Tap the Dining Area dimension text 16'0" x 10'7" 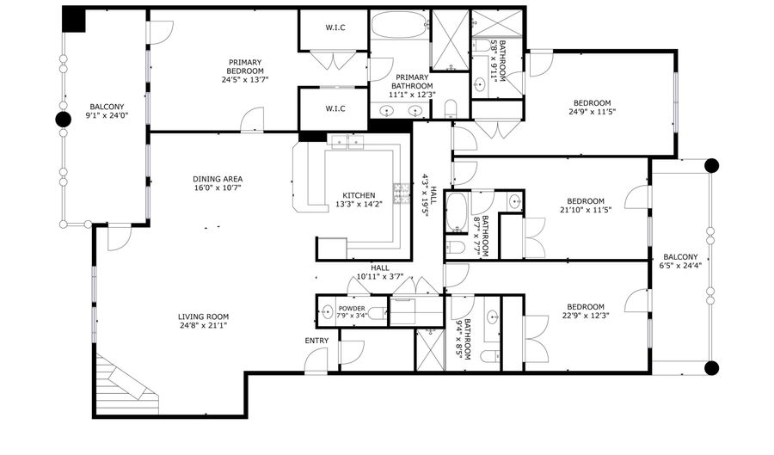[x=218, y=188]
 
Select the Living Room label [x=203, y=317]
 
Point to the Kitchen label [x=359, y=195]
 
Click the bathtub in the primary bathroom [x=399, y=25]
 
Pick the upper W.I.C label [x=335, y=28]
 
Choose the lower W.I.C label [x=335, y=108]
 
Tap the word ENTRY [x=316, y=341]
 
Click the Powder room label [x=352, y=309]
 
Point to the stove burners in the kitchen [x=402, y=194]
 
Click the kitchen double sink [x=347, y=142]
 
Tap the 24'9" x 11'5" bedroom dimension [x=592, y=112]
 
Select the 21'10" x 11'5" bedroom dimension [x=586, y=209]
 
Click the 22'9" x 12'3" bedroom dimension [x=586, y=316]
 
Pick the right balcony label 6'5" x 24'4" [x=680, y=265]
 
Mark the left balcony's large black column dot [x=63, y=120]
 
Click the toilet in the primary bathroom [x=451, y=109]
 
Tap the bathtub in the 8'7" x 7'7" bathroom [x=456, y=212]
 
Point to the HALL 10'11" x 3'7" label [x=380, y=272]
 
